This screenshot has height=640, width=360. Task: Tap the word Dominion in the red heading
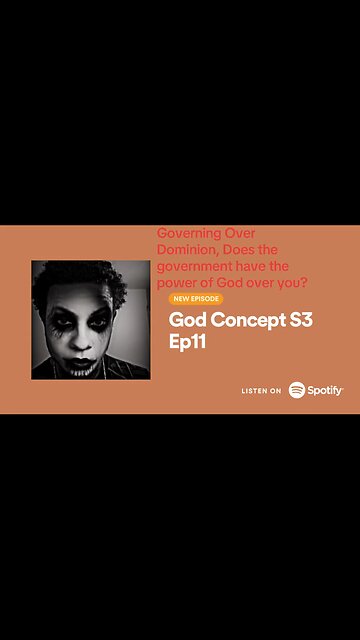(x=188, y=249)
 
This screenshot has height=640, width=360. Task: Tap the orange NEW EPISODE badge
(x=195, y=298)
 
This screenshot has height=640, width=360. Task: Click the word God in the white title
(x=190, y=320)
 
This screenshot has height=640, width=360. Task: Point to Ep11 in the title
(x=191, y=342)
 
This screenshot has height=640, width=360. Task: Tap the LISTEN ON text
(x=261, y=391)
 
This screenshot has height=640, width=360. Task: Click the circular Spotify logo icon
(x=297, y=390)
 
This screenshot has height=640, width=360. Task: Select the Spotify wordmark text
(x=325, y=391)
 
